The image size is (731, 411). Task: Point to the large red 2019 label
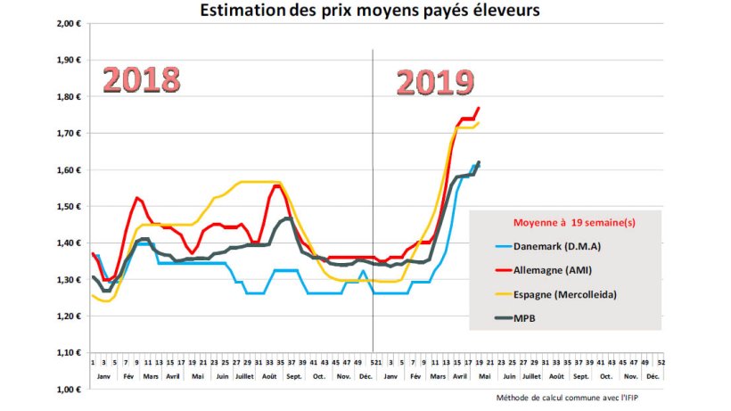434,83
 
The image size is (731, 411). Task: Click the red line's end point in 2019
479,108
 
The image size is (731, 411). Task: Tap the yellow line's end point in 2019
479,123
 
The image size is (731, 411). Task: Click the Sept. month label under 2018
294,376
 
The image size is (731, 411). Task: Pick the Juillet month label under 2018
244,376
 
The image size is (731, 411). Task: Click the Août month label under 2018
268,376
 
